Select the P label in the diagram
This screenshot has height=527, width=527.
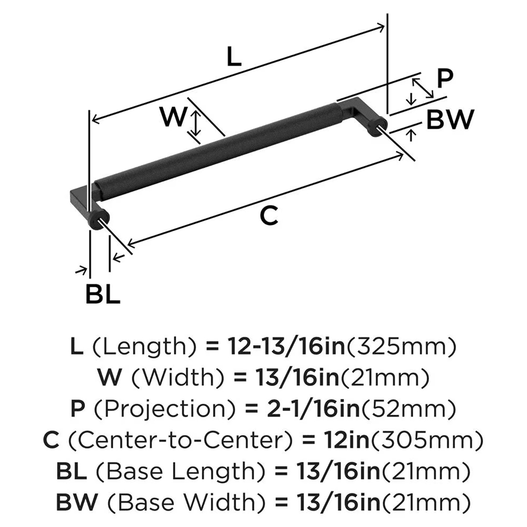[x=445, y=79]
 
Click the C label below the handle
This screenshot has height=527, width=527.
[x=269, y=216]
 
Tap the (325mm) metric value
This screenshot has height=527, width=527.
[x=401, y=347]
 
